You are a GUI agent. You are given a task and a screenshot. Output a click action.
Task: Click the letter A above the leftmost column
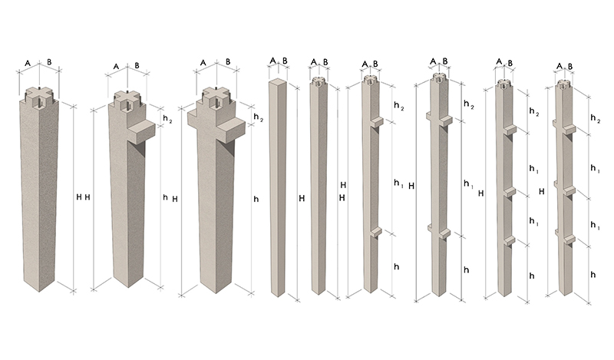[x=28, y=63]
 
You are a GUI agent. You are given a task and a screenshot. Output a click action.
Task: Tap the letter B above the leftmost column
[x=49, y=62]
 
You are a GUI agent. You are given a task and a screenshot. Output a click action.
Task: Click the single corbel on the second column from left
[x=140, y=130]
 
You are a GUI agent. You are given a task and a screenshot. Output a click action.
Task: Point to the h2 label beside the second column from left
[x=167, y=119]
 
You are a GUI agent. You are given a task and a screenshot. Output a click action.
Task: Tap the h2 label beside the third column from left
[x=258, y=117]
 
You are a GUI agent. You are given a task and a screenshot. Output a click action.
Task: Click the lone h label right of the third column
[x=256, y=199]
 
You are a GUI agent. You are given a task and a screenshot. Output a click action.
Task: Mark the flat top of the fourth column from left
[x=278, y=81]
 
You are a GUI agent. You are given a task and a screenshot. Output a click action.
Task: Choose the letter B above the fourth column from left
[x=285, y=61]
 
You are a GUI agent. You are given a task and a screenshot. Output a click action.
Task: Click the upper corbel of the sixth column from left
[x=377, y=121]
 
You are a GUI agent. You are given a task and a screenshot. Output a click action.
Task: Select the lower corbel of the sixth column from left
[x=376, y=233]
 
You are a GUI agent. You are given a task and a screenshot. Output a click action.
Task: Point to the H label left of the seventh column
[x=411, y=186]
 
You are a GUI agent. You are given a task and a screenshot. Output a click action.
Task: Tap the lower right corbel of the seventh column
[x=446, y=234]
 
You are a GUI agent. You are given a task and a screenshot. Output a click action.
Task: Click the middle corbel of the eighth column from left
[x=510, y=191]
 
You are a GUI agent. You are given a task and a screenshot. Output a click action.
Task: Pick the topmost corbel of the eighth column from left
[x=510, y=130]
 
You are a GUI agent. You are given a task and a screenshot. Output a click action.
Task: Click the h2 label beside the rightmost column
[x=596, y=118]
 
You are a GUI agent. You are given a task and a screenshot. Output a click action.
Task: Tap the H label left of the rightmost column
[x=542, y=192]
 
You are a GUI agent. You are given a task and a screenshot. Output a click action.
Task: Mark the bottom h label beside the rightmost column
[x=593, y=275]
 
